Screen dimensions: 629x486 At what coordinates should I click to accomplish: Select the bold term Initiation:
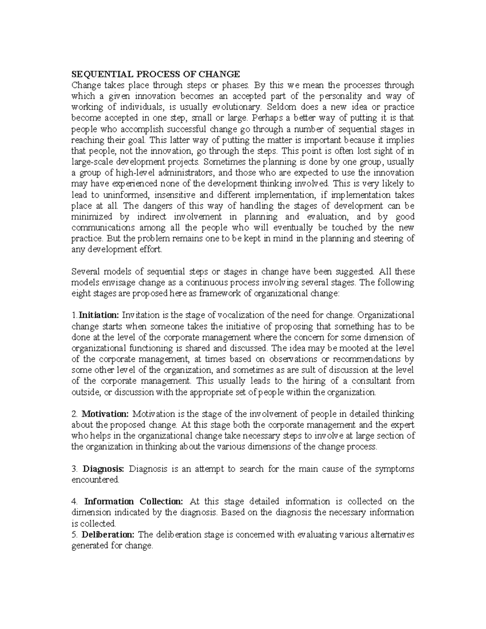(99, 315)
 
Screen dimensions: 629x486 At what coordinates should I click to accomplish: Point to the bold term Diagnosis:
(104, 469)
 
